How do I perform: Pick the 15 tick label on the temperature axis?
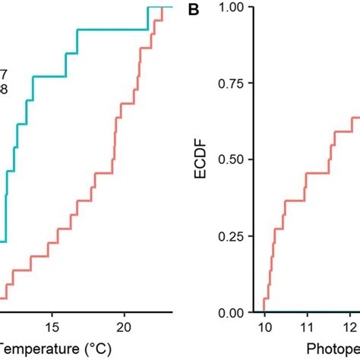tap(51, 327)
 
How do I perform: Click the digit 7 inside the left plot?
tap(4, 74)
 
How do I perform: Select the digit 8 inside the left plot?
tap(4, 88)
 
